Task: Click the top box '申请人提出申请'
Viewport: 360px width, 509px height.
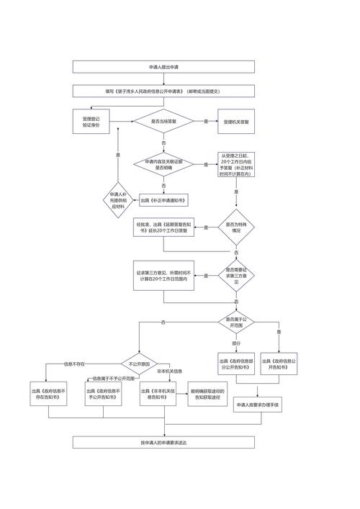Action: pos(163,67)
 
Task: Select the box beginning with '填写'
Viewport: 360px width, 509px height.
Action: pos(163,91)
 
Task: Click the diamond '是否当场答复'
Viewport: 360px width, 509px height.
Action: pos(163,122)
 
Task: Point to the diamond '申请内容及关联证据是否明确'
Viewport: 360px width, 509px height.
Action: pos(163,164)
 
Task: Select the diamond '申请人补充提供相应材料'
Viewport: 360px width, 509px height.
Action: pos(119,200)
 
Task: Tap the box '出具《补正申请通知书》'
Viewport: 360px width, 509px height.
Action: pos(163,200)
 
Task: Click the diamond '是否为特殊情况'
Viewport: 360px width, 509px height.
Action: pos(236,228)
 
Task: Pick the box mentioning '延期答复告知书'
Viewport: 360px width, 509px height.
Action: pos(163,228)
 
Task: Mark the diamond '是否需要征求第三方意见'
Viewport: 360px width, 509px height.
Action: pos(236,275)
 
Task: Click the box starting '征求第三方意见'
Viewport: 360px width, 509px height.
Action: pos(163,275)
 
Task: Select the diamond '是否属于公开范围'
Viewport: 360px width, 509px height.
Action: pos(236,321)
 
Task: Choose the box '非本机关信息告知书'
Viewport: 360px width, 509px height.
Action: pos(159,393)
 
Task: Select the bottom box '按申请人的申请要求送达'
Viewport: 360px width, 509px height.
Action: pos(163,442)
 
